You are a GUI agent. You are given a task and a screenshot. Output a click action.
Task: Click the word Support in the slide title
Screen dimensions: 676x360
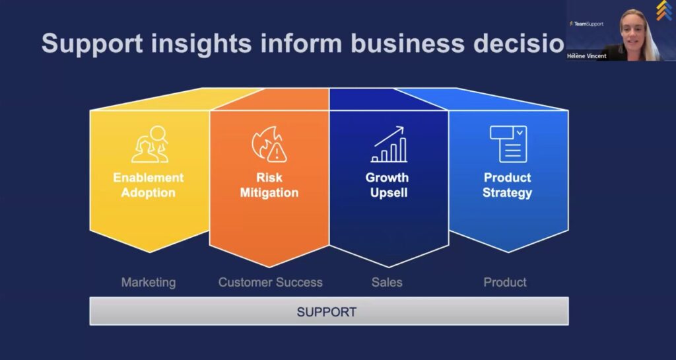click(92, 44)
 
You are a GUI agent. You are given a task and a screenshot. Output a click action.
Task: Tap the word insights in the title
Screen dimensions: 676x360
click(201, 43)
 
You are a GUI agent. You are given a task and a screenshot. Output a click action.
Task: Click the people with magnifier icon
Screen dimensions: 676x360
click(150, 144)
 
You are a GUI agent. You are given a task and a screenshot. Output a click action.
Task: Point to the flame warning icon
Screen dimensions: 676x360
click(269, 144)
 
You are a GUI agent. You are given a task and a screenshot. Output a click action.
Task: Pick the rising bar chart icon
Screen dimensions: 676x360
click(388, 144)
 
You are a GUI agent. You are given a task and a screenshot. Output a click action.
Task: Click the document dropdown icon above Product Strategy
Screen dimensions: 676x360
click(508, 144)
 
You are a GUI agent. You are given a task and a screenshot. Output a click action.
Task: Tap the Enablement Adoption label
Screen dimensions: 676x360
click(149, 185)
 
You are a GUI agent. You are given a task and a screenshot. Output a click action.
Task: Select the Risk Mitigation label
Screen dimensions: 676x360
click(269, 185)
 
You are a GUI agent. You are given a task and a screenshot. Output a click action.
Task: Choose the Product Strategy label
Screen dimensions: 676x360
click(508, 185)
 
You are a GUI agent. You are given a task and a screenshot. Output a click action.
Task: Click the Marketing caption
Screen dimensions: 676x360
click(149, 283)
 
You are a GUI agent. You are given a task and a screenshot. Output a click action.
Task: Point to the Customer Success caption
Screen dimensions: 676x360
click(270, 283)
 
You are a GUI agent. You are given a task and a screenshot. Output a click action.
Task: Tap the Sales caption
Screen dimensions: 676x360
click(387, 283)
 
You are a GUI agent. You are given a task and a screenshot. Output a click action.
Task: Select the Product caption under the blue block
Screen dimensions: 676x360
click(505, 283)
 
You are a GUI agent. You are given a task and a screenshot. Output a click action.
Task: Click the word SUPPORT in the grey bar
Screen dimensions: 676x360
click(326, 312)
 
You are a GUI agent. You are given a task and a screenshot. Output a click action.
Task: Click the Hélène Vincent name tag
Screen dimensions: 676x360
click(587, 56)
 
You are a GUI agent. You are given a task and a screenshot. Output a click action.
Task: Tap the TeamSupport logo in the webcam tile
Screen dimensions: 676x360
click(586, 24)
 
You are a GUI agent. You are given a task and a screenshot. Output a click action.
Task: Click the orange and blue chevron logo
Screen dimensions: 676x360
click(664, 11)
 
